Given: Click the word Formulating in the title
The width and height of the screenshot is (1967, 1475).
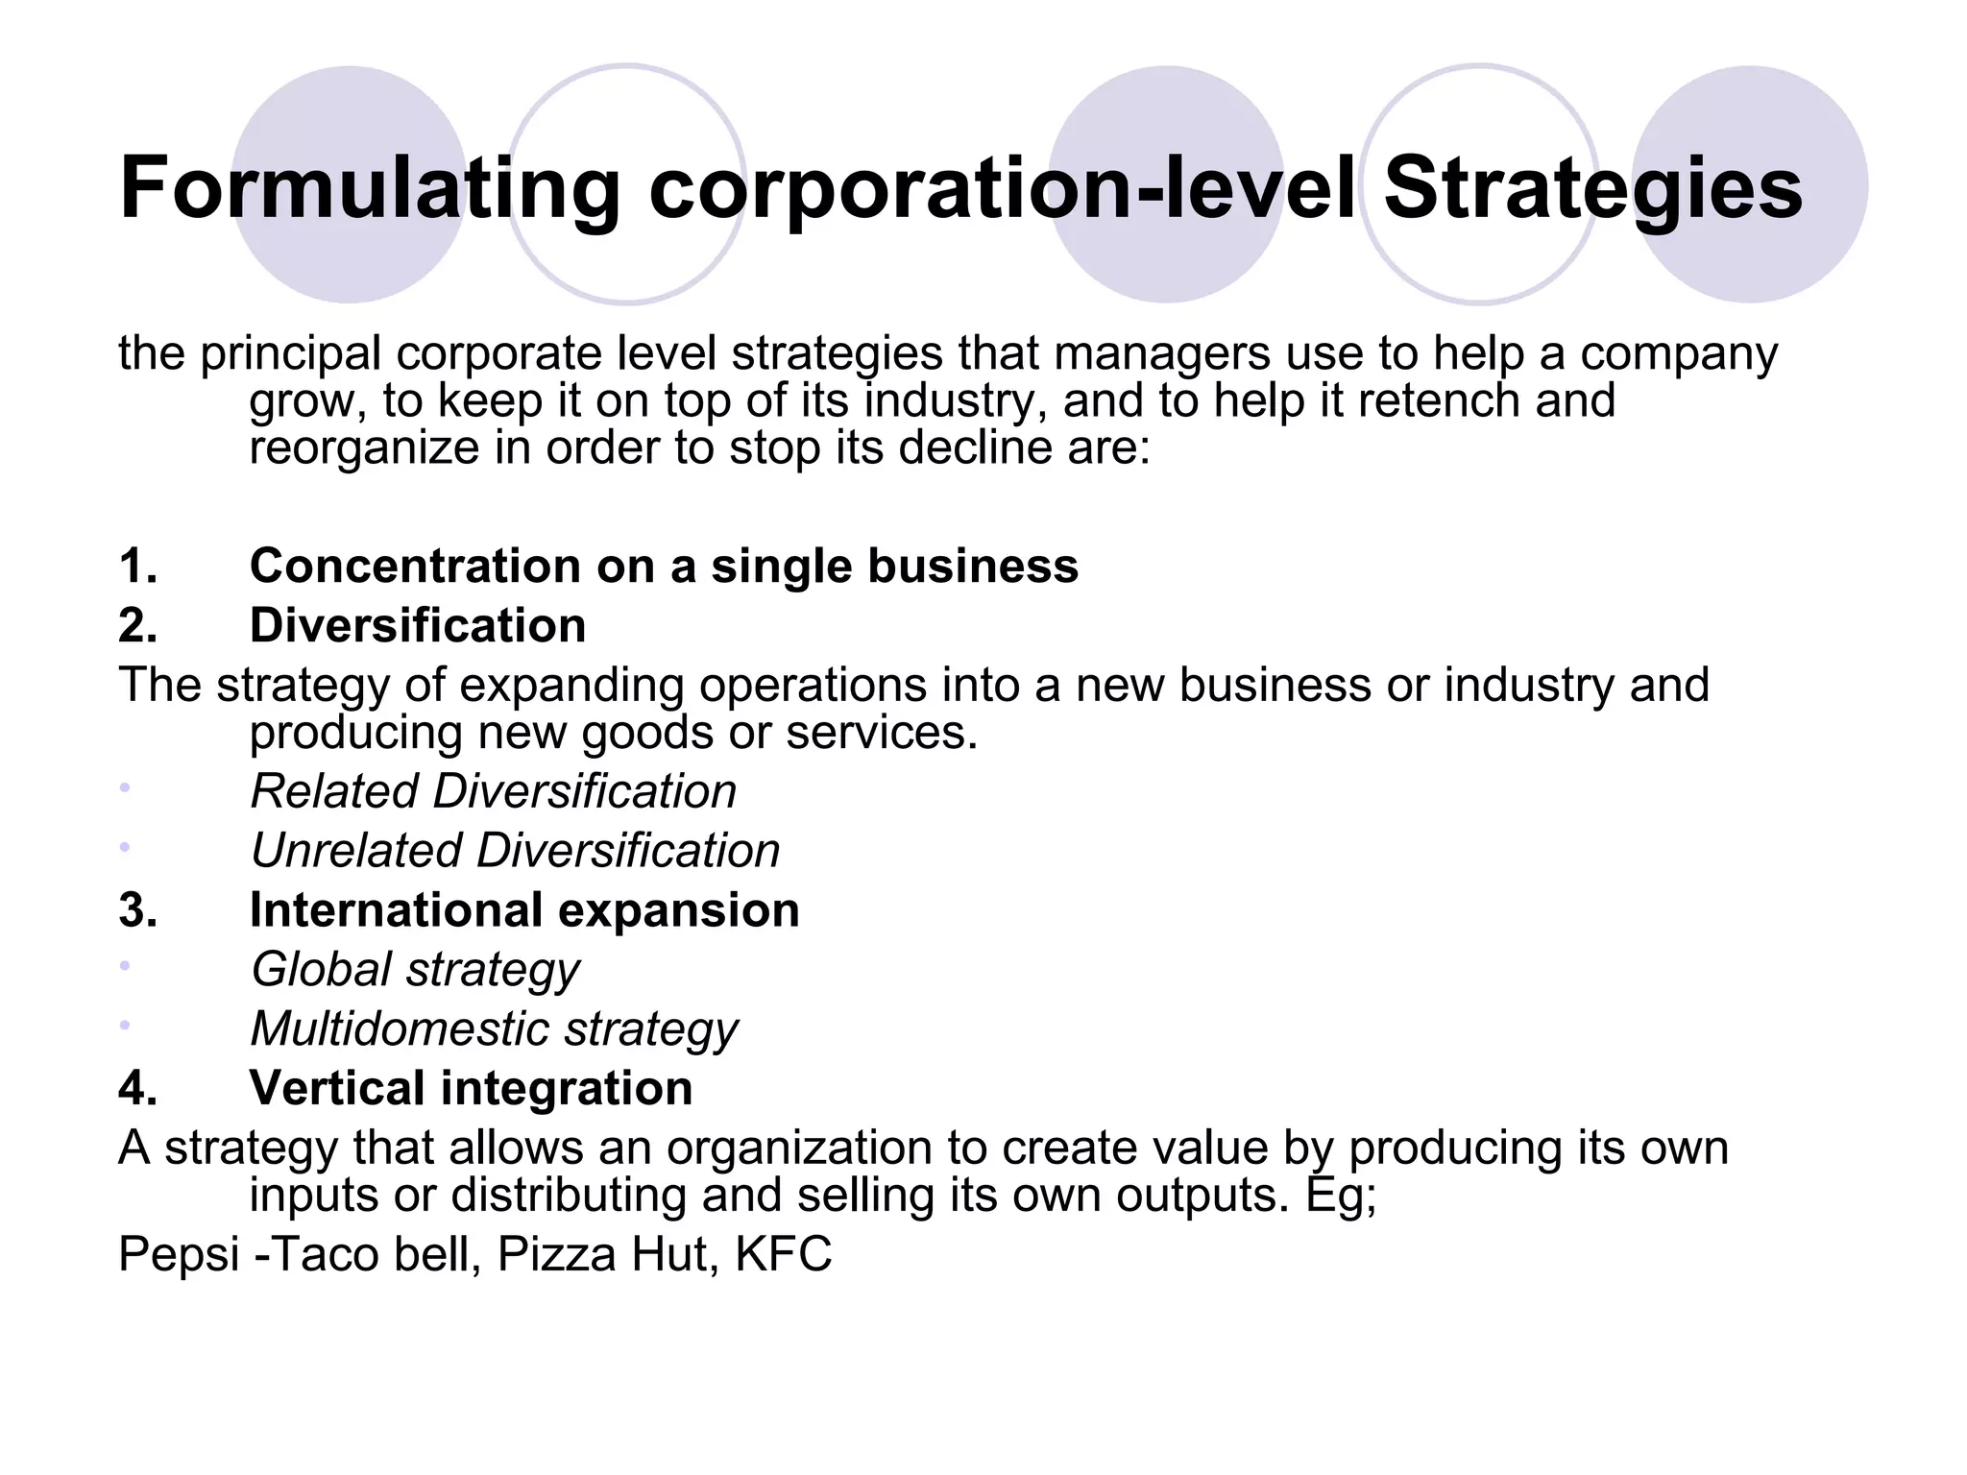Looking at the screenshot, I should [370, 189].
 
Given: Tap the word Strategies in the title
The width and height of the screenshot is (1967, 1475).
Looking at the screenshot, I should [1592, 189].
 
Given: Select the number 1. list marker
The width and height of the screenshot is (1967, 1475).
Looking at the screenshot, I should [138, 566].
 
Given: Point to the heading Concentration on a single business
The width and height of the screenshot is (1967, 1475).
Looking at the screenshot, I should [664, 566].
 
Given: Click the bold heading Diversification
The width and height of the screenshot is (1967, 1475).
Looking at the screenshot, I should [418, 625].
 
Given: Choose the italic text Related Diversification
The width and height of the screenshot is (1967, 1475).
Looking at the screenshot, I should [493, 792].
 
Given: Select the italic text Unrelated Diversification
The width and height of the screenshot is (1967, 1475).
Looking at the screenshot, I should [515, 851].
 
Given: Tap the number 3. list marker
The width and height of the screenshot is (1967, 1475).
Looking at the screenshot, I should [138, 910].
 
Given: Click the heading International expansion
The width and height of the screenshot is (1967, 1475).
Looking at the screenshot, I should [524, 910].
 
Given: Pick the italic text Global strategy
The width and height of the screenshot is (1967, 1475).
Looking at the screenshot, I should [415, 970].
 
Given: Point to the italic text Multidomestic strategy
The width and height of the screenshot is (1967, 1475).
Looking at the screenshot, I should [494, 1029].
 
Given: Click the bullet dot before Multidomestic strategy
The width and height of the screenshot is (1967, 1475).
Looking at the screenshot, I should [124, 1025].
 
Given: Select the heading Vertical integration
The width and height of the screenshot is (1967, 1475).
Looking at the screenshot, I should [471, 1088].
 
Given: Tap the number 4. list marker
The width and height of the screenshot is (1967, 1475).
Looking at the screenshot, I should [138, 1088].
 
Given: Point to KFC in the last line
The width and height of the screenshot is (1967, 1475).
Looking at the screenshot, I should [783, 1255].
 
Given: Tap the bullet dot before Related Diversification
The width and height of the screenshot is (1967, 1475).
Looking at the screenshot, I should [124, 787].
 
